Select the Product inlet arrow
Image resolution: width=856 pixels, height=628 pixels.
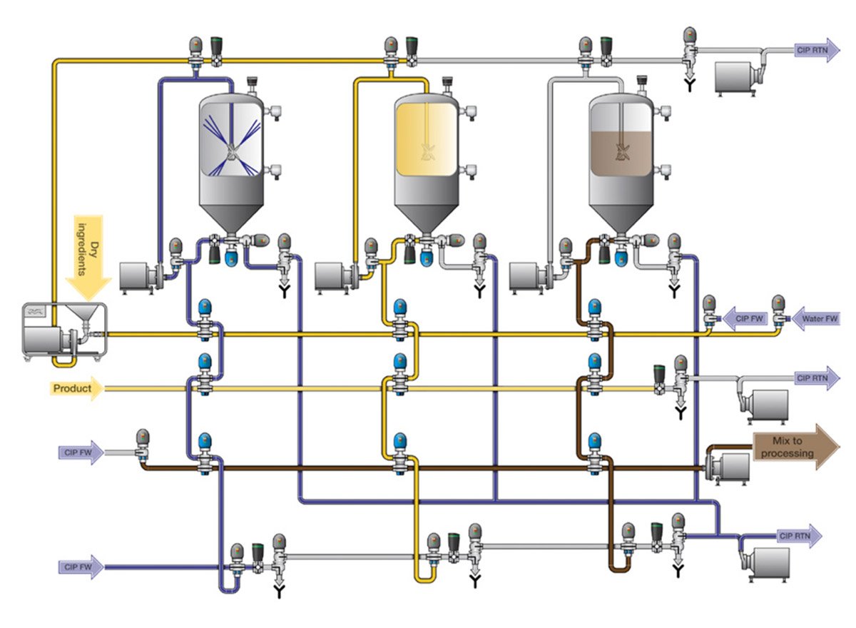(x=76, y=389)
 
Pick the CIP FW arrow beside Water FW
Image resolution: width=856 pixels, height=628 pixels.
(x=745, y=318)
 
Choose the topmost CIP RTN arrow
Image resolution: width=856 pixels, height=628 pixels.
(x=817, y=50)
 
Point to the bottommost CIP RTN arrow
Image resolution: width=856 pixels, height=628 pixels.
(x=800, y=536)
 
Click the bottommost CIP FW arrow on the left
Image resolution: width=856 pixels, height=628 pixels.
(x=81, y=567)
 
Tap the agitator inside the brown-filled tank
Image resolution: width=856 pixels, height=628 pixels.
(x=623, y=152)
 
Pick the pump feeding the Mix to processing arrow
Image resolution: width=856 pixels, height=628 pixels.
(x=727, y=467)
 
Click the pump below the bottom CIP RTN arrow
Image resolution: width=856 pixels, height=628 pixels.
(x=764, y=564)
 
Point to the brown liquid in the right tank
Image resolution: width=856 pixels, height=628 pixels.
(x=621, y=153)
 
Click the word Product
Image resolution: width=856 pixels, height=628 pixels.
(x=72, y=389)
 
